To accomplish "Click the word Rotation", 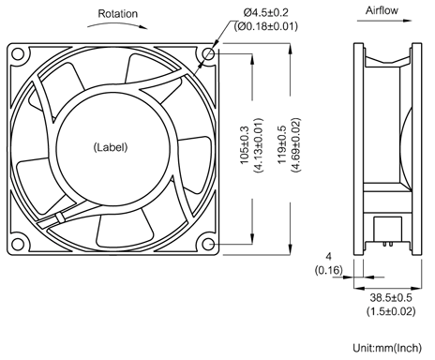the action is (x=117, y=14).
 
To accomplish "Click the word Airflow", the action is (x=382, y=10).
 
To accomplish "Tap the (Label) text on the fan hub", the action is (x=111, y=147).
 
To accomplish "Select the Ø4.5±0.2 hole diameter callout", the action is (x=266, y=12).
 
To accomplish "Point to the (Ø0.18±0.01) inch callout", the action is (x=266, y=26).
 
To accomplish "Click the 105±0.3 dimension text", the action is (x=244, y=145).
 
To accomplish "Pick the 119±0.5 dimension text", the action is (x=282, y=144).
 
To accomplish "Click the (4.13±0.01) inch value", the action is (x=259, y=145).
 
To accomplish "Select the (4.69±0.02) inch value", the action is (x=296, y=145).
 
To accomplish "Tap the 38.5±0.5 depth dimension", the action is (x=391, y=297).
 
